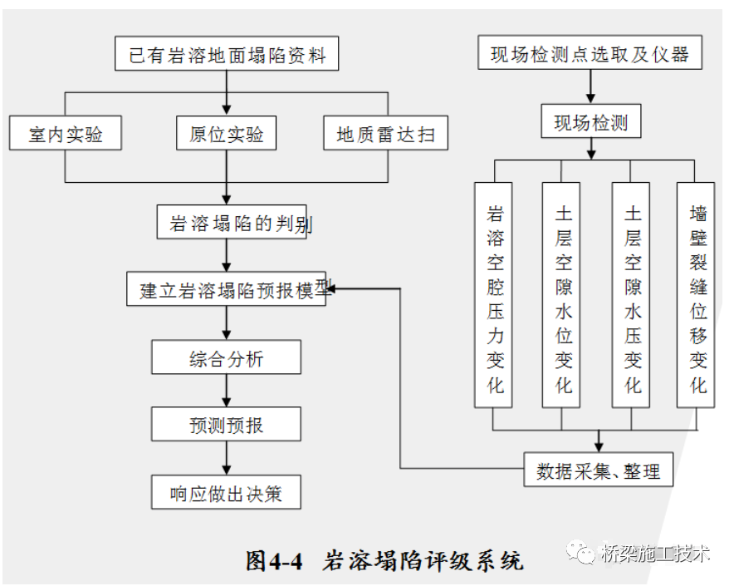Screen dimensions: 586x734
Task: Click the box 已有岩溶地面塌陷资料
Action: pos(227,57)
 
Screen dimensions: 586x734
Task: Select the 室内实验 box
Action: pos(66,133)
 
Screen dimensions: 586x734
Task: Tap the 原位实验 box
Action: pos(226,133)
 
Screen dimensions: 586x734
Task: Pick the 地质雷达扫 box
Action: pos(385,133)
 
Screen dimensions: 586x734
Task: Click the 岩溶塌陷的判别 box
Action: pos(232,223)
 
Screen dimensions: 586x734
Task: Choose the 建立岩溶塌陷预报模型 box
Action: pos(227,289)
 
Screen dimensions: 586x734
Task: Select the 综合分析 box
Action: pos(226,358)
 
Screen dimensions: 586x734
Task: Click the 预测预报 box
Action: pos(226,424)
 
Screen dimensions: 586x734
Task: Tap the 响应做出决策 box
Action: pos(226,493)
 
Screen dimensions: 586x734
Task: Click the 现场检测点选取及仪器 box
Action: pos(590,55)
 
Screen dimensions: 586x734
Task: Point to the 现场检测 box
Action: pos(590,123)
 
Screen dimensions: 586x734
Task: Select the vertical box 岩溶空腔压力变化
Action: pos(494,295)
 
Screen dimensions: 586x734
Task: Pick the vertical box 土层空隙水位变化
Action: pos(562,295)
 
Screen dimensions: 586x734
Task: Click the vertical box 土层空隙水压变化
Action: pos(631,295)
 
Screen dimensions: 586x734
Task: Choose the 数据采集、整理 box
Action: pos(598,470)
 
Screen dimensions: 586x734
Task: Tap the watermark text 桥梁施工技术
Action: pos(656,554)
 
